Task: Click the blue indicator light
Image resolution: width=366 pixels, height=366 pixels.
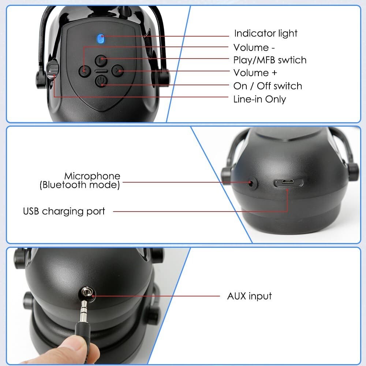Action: point(101,38)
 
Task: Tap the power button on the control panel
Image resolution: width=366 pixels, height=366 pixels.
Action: point(101,81)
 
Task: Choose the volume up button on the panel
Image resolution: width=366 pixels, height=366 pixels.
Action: point(117,70)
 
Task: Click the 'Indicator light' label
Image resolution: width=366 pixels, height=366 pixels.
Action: point(266,34)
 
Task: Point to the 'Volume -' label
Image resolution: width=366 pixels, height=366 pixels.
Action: point(254,48)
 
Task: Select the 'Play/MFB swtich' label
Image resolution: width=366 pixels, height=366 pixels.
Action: point(270,60)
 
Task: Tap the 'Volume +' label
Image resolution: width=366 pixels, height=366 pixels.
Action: point(255,73)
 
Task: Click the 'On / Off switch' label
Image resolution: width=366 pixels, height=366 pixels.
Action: point(268,86)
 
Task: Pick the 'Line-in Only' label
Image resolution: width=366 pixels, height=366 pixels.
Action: point(259,99)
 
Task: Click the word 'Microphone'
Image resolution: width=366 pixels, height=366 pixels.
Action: point(92,176)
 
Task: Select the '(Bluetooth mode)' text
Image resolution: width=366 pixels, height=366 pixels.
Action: point(80,185)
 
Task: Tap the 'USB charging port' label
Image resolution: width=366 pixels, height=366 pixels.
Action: point(64,211)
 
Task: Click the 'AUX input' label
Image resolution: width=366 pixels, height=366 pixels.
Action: point(249,296)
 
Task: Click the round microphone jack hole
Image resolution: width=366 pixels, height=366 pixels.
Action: point(252,182)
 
